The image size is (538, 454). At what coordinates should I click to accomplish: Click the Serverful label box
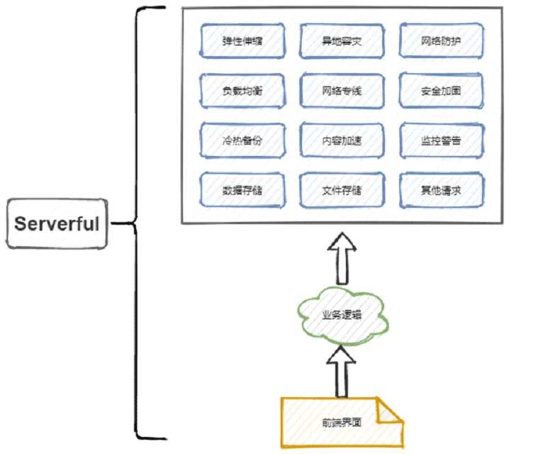pos(57,223)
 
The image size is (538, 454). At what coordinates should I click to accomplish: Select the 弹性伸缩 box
pos(242,41)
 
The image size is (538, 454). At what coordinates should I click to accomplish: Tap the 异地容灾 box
pos(342,41)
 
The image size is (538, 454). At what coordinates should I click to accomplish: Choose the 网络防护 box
pos(441,41)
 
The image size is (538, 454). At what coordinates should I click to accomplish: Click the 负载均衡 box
pos(242,91)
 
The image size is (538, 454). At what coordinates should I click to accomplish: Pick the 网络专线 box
pos(342,91)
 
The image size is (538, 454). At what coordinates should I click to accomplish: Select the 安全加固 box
pos(441,91)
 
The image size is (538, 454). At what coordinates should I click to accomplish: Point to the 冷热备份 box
pos(242,140)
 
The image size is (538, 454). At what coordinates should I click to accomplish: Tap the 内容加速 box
pos(342,140)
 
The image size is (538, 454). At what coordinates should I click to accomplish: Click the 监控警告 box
pos(441,140)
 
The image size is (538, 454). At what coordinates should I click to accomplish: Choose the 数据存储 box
pos(242,190)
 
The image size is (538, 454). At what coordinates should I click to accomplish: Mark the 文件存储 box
pos(342,190)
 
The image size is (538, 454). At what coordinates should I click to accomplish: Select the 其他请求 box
pos(441,190)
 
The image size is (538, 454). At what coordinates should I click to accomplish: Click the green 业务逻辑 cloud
pos(342,315)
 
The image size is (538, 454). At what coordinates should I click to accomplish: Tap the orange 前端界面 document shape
pos(342,423)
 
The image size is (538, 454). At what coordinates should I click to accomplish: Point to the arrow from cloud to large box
pos(342,258)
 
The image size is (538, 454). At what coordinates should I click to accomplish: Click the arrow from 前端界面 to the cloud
pos(341,372)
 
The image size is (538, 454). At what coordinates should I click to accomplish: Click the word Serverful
pos(57,223)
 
